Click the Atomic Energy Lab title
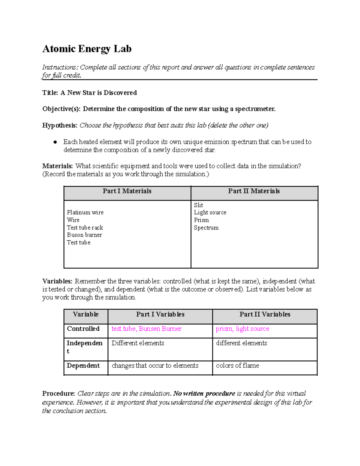pyautogui.click(x=87, y=49)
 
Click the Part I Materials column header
pyautogui.click(x=127, y=191)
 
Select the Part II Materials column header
pyautogui.click(x=254, y=191)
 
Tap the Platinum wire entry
pyautogui.click(x=85, y=212)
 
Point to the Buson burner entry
pyautogui.click(x=84, y=235)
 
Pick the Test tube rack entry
pyautogui.click(x=85, y=227)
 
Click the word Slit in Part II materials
pyautogui.click(x=198, y=205)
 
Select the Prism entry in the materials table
pyautogui.click(x=201, y=220)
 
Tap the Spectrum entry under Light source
pyautogui.click(x=206, y=227)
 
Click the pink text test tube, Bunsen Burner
pyautogui.click(x=146, y=329)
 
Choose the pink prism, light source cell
pyautogui.click(x=242, y=329)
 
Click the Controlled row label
pyautogui.click(x=83, y=329)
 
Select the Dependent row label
pyautogui.click(x=83, y=366)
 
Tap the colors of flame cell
pyautogui.click(x=237, y=366)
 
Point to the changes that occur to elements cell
pyautogui.click(x=155, y=366)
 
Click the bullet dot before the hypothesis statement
pyautogui.click(x=55, y=142)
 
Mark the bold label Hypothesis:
pyautogui.click(x=60, y=125)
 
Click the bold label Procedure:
pyautogui.click(x=58, y=393)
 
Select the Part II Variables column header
pyautogui.click(x=265, y=314)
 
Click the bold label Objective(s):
pyautogui.click(x=61, y=109)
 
